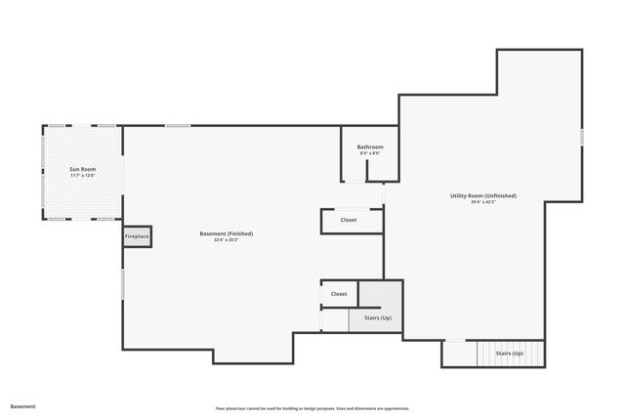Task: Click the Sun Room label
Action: click(82, 169)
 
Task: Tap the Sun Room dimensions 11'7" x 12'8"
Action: click(82, 176)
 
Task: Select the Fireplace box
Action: click(137, 236)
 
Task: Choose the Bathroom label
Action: click(369, 146)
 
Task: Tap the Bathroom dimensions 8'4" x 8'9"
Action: click(369, 153)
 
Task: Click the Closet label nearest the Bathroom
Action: click(349, 220)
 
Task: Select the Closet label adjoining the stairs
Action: click(339, 293)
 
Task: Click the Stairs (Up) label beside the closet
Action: click(377, 317)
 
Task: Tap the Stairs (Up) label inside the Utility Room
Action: click(509, 353)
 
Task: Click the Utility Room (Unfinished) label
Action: click(483, 195)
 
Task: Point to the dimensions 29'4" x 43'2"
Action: click(483, 202)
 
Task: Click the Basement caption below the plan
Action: click(22, 405)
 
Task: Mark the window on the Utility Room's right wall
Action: click(582, 137)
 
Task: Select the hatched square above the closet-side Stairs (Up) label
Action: click(380, 294)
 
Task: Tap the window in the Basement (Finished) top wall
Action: click(178, 125)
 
